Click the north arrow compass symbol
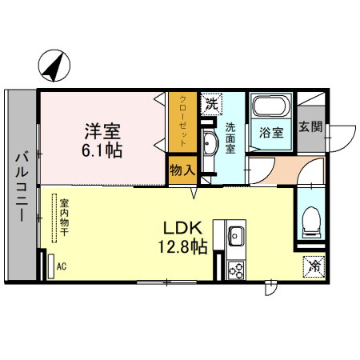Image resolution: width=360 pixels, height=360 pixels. [x=54, y=66]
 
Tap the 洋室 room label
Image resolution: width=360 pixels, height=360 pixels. [x=102, y=131]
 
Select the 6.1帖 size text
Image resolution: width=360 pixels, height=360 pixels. [x=102, y=150]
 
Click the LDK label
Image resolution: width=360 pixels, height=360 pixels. [x=182, y=228]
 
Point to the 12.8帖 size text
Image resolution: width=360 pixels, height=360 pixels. [x=183, y=246]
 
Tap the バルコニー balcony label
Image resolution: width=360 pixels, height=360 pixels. [x=22, y=186]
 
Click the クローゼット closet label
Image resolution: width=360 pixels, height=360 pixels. [x=182, y=121]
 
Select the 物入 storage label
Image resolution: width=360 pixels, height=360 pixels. [x=182, y=170]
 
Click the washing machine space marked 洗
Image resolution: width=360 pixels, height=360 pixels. [x=211, y=104]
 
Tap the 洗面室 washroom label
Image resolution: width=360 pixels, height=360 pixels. [x=230, y=138]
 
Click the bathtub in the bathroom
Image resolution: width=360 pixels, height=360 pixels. [x=271, y=106]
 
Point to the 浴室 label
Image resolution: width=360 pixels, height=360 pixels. [x=271, y=133]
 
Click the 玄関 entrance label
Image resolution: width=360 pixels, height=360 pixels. [x=310, y=126]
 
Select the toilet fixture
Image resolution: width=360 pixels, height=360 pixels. [x=311, y=222]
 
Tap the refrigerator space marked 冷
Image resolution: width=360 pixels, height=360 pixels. [x=314, y=267]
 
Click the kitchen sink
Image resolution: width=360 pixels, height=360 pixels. [x=236, y=236]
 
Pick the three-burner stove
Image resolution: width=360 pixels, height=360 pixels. [x=236, y=270]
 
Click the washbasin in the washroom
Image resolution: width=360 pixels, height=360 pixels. [x=209, y=142]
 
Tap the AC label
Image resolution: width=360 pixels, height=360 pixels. [x=62, y=266]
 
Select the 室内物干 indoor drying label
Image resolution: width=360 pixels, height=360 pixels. [x=64, y=217]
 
